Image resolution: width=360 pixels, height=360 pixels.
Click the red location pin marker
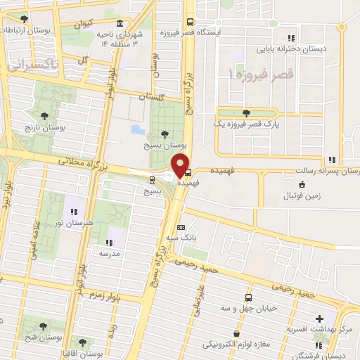click(181, 165)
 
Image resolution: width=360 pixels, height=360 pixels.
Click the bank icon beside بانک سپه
click(181, 228)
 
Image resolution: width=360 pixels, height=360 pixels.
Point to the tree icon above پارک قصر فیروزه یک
click(245, 112)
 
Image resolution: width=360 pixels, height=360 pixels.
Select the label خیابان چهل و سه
click(247, 307)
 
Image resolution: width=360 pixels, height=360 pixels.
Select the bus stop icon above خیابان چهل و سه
click(247, 297)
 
